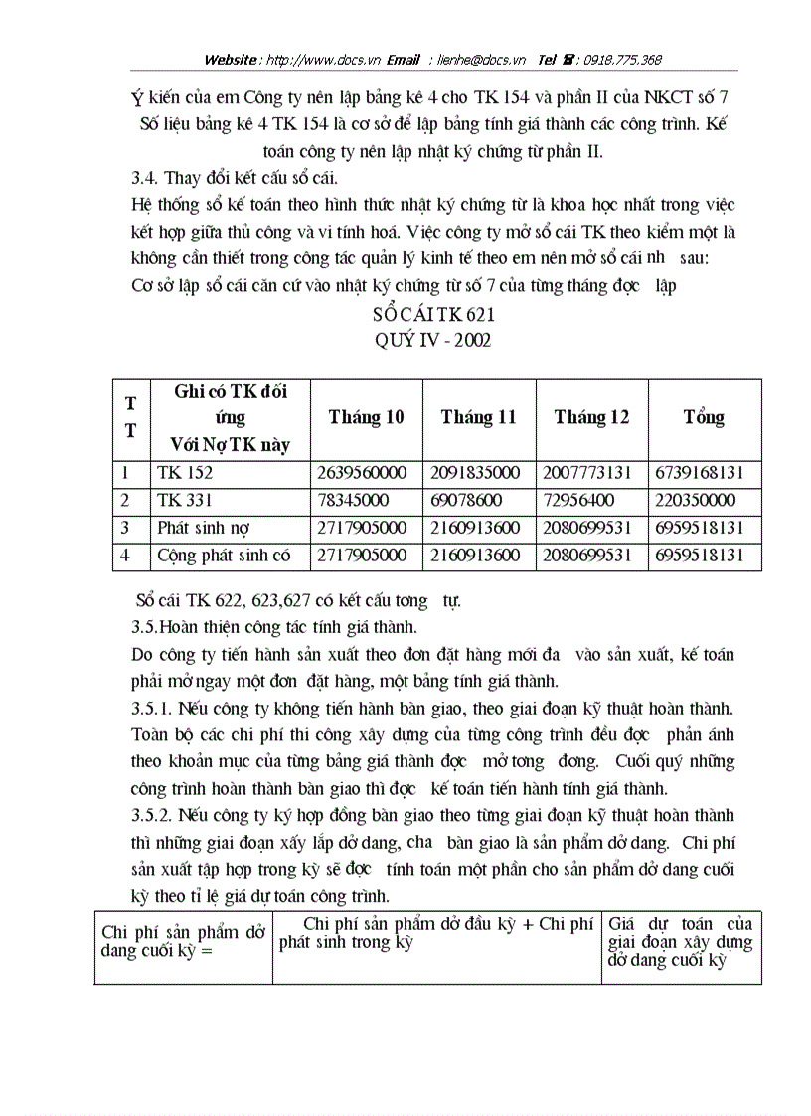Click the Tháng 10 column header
point(366,417)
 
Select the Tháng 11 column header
point(479,417)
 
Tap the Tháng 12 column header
point(591,417)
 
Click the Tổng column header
point(704,417)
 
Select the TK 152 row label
point(184,473)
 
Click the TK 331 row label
point(184,501)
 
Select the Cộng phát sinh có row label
point(224,556)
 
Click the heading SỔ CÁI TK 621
point(432,315)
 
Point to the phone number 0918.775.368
point(619,60)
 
